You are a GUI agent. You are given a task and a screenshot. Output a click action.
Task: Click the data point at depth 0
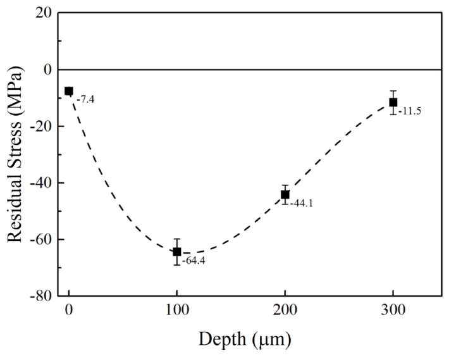(x=69, y=91)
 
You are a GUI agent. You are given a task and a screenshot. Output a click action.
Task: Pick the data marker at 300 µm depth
(x=393, y=102)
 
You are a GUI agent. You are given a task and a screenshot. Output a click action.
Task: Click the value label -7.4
(x=86, y=99)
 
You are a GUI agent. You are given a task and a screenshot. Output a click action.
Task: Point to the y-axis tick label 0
(x=46, y=70)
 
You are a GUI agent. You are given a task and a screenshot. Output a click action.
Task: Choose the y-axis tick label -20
(x=40, y=126)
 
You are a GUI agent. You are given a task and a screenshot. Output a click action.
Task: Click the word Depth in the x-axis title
(x=218, y=339)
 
